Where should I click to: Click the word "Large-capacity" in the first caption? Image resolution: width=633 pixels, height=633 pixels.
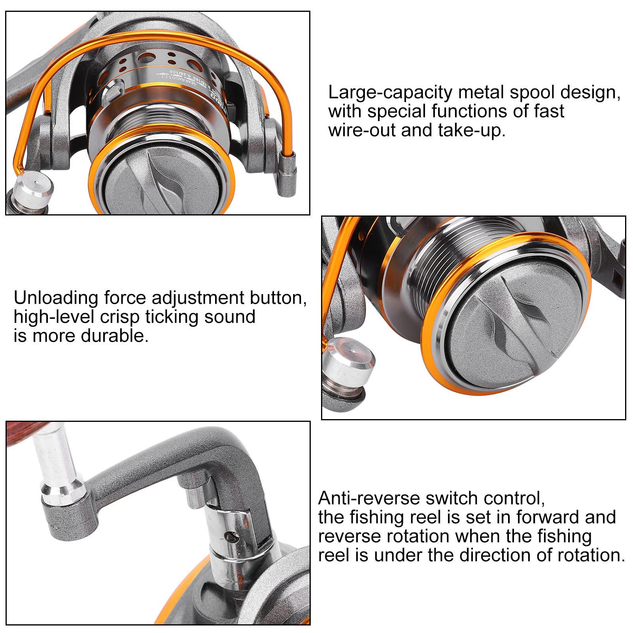pos(390,93)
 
